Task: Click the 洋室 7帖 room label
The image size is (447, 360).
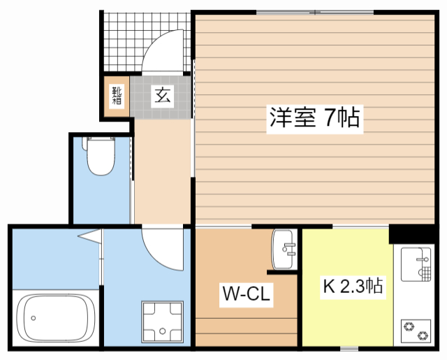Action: point(314,118)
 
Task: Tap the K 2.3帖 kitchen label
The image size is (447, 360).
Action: point(352,287)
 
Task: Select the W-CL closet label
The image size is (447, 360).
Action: point(247,294)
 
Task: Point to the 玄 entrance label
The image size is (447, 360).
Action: point(162,94)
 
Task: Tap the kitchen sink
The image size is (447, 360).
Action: point(416,263)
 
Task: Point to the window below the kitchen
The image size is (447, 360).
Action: point(349,347)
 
